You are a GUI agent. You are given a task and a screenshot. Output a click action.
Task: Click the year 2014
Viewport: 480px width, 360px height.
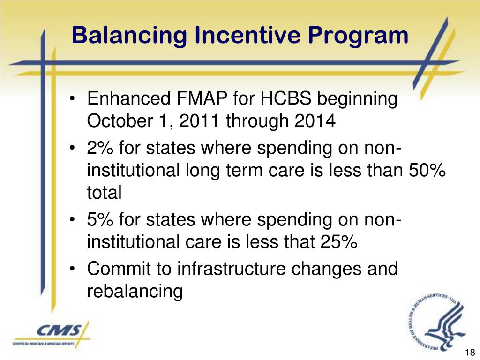[x=315, y=121]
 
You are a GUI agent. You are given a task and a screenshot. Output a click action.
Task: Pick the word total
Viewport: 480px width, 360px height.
[x=104, y=193]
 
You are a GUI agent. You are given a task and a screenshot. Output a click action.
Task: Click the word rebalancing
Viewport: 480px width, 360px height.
[x=135, y=292]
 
